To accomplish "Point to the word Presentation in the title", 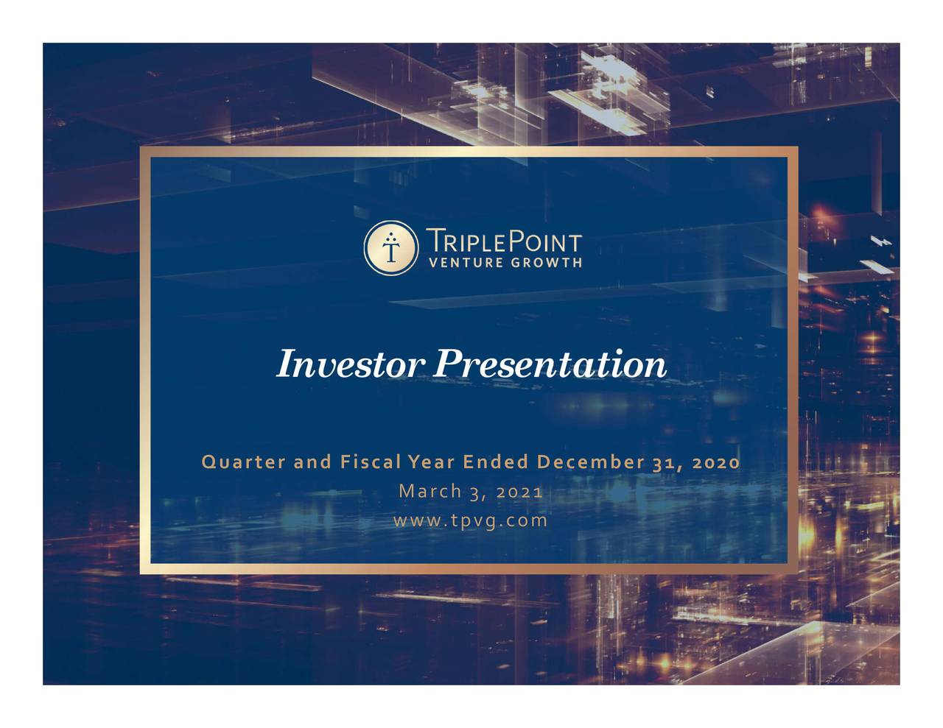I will pos(550,364).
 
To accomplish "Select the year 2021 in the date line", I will pos(519,491).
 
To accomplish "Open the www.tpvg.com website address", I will pos(471,520).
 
